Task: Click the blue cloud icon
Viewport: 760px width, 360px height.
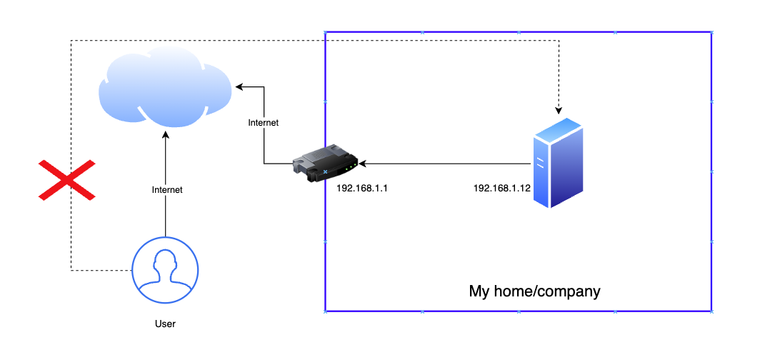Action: coord(164,87)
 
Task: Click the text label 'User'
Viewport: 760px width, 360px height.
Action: coord(165,324)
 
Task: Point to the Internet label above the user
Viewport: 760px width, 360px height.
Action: coord(167,190)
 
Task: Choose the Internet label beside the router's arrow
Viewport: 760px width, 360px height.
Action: coord(263,123)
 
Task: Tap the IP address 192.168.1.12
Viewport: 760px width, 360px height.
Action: coord(503,189)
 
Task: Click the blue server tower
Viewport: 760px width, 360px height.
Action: coord(559,164)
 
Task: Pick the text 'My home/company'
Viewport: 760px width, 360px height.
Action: coord(534,291)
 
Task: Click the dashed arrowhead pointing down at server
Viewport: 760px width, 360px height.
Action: coord(559,110)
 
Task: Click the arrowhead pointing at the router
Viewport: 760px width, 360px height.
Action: coord(363,164)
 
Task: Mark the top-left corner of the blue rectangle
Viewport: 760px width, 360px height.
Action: coord(326,32)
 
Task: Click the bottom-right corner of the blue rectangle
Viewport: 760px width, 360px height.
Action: coord(712,311)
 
